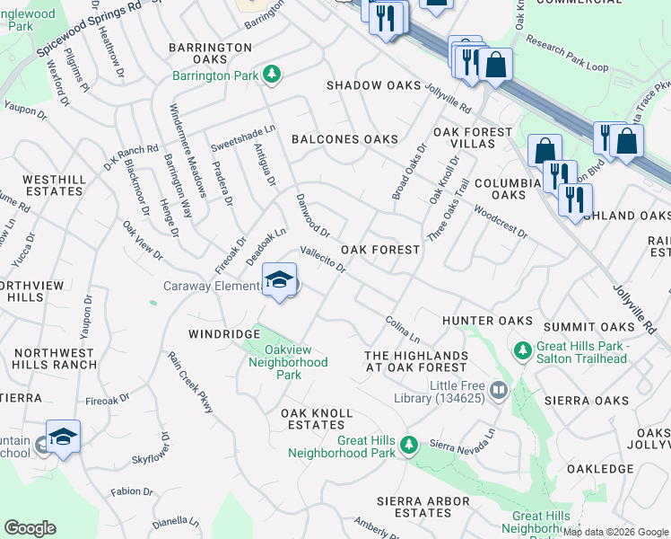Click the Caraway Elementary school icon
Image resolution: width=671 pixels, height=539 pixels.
click(280, 281)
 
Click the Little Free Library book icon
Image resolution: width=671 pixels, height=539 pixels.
click(499, 390)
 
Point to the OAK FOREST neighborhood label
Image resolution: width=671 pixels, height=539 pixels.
click(380, 250)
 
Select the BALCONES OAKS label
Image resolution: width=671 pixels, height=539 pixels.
click(344, 139)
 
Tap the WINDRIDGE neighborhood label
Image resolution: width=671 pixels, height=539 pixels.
click(223, 334)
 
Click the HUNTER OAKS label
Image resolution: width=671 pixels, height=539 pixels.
click(488, 321)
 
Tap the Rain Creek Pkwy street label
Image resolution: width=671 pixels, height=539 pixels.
click(191, 382)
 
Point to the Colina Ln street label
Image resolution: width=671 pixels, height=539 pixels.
click(402, 329)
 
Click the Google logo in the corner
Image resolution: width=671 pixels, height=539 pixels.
click(30, 528)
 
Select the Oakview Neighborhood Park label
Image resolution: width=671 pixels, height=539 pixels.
click(288, 362)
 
